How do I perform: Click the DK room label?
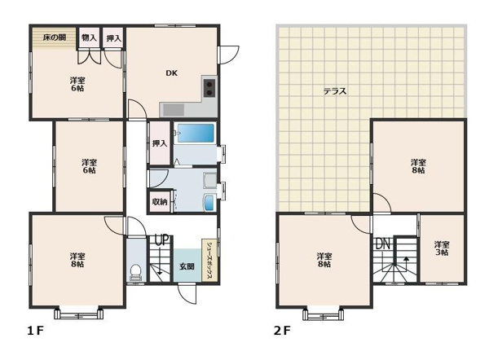171,73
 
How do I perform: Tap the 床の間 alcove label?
55,37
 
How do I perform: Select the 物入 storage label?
89,38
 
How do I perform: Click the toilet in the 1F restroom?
135,272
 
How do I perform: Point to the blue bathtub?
196,133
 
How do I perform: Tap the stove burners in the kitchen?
209,88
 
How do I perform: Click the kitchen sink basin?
174,110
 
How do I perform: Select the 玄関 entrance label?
187,266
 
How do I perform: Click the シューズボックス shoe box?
209,261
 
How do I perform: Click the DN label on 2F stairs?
383,244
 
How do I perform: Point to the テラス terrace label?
335,91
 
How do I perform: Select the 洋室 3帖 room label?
442,248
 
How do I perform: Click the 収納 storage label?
160,202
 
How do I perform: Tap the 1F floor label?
35,331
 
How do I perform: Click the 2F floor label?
282,331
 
